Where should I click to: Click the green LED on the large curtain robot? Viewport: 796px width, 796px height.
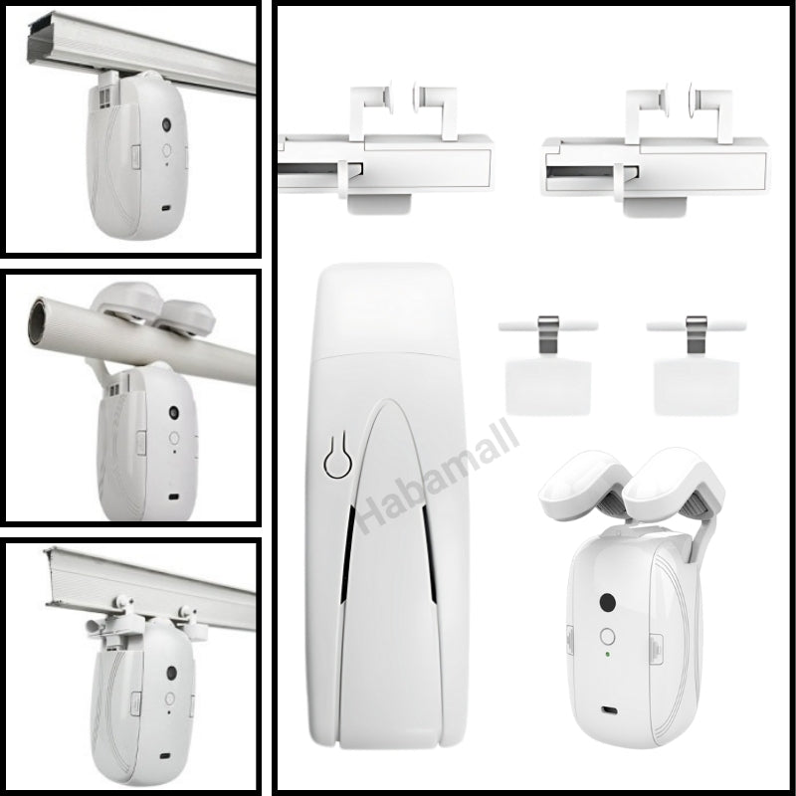(x=607, y=654)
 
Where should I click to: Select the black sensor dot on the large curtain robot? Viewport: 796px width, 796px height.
(x=607, y=603)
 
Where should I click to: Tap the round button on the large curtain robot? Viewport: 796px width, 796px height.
(x=607, y=636)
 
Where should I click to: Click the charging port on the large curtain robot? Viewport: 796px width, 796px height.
(x=609, y=709)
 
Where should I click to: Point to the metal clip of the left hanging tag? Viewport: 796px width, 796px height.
(x=548, y=334)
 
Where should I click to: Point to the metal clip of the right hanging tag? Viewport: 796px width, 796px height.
(x=696, y=334)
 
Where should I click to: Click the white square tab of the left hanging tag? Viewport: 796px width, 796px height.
(x=548, y=387)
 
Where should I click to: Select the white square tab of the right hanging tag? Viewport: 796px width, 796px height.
(x=696, y=387)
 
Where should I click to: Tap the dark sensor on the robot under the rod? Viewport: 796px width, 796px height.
(x=174, y=412)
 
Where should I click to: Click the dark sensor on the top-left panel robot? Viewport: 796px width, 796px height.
(x=166, y=123)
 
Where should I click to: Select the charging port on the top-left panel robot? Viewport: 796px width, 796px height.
(x=165, y=209)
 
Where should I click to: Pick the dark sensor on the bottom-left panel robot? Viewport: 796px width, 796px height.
(x=171, y=674)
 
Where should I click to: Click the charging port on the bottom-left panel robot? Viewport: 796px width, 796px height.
(x=164, y=756)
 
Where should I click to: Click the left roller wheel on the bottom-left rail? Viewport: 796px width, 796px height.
(x=122, y=603)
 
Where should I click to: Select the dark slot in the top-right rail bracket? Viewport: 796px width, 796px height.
(x=589, y=171)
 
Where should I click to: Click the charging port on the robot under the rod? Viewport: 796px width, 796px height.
(x=173, y=497)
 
